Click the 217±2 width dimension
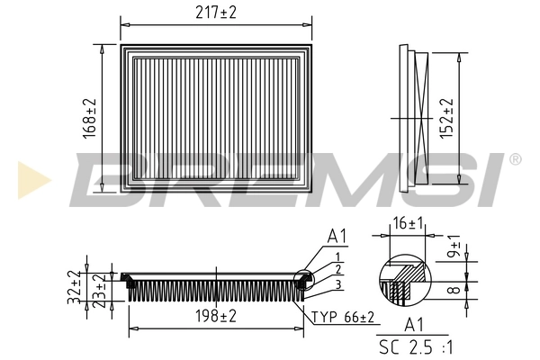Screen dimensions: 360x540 point(216,12)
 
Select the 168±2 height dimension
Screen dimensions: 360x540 point(87,117)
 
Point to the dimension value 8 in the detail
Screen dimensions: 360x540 point(455,291)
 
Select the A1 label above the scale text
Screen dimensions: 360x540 point(415,325)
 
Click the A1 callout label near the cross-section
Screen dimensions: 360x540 point(337,237)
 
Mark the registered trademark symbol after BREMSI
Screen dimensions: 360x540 point(514,159)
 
